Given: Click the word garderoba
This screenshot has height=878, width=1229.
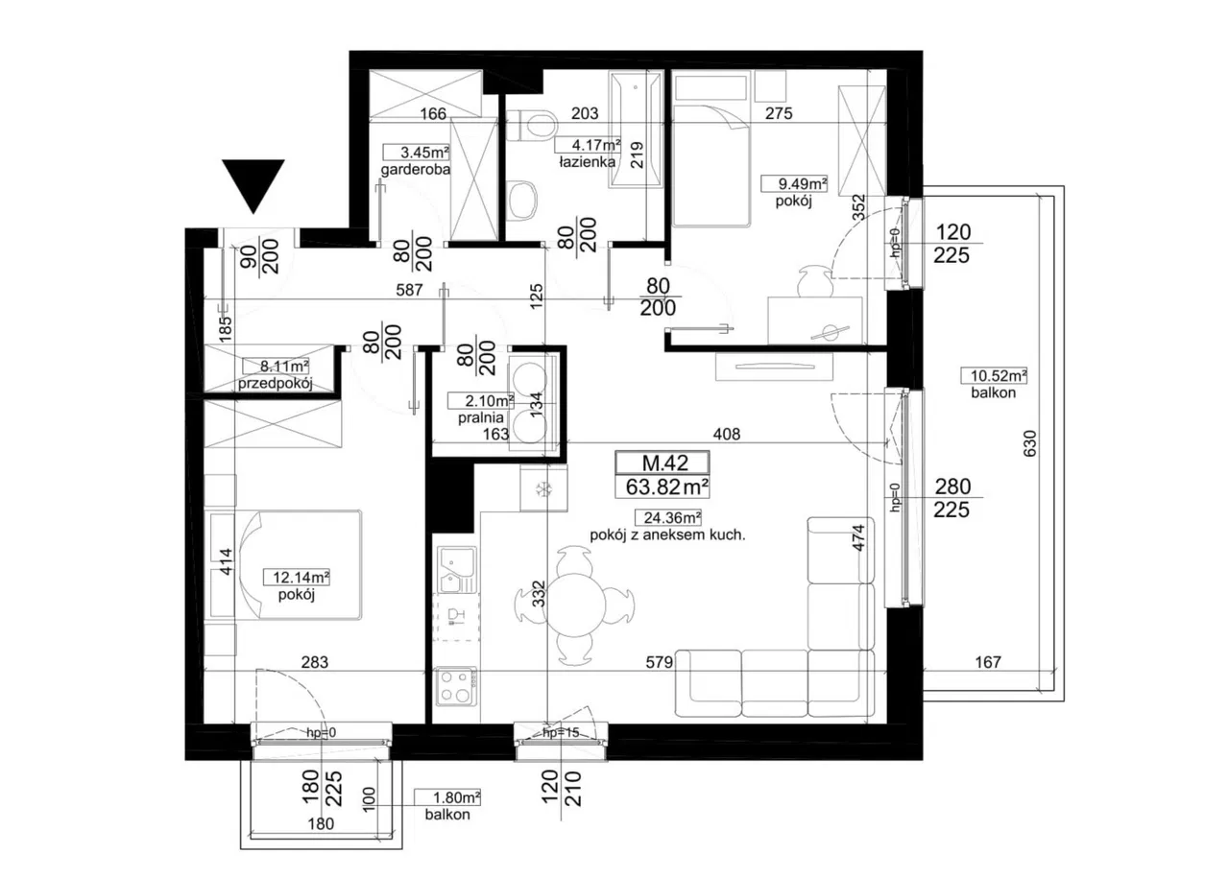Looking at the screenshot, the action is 416,169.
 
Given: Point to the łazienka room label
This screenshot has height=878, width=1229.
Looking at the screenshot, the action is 587,162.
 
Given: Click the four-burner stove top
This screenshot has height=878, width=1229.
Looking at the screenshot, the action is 456,687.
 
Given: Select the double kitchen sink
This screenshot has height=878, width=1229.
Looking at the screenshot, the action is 456,569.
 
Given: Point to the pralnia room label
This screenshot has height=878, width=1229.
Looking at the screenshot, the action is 480,417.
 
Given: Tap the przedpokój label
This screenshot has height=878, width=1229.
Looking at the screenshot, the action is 275,383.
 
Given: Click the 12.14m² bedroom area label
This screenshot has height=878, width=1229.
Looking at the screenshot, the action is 301,577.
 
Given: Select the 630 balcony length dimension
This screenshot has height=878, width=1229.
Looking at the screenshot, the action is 1030,443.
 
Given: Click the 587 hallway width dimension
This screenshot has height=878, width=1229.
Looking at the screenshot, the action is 409,289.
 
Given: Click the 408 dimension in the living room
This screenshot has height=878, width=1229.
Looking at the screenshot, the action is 727,434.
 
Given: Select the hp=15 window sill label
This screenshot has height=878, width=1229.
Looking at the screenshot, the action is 561,732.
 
